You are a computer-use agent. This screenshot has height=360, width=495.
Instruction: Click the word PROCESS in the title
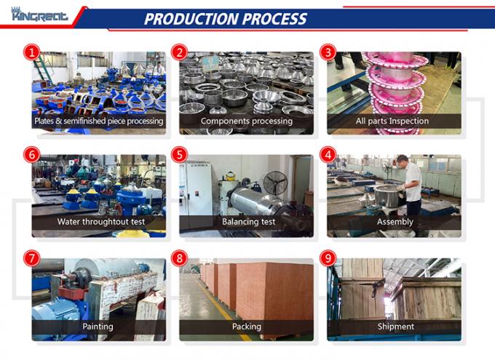pyautogui.click(x=266, y=19)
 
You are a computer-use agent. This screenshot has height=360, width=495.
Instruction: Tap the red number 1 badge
pyautogui.click(x=31, y=52)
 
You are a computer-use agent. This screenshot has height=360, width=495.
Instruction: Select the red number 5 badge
pyautogui.click(x=179, y=155)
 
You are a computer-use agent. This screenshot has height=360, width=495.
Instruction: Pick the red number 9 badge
pyautogui.click(x=328, y=258)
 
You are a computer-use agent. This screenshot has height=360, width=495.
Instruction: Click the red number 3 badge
pyautogui.click(x=328, y=52)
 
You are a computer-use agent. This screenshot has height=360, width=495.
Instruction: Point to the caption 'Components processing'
pyautogui.click(x=246, y=121)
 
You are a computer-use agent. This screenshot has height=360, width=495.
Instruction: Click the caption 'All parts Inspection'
pyautogui.click(x=392, y=121)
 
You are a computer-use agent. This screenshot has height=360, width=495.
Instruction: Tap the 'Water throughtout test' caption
pyautogui.click(x=98, y=222)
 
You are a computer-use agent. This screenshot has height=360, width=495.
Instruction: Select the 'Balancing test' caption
pyautogui.click(x=246, y=222)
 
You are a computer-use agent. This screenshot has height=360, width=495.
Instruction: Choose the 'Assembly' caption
pyautogui.click(x=395, y=222)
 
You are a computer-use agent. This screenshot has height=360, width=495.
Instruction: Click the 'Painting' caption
pyautogui.click(x=98, y=327)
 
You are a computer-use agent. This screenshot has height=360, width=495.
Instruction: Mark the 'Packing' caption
pyautogui.click(x=246, y=327)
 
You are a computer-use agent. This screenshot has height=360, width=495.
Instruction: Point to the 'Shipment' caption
pyautogui.click(x=395, y=327)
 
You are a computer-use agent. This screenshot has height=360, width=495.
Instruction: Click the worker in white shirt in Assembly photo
pyautogui.click(x=412, y=186)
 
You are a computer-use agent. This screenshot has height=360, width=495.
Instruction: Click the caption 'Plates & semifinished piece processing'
pyautogui.click(x=98, y=121)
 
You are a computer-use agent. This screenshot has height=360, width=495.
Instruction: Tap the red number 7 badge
pyautogui.click(x=31, y=258)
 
